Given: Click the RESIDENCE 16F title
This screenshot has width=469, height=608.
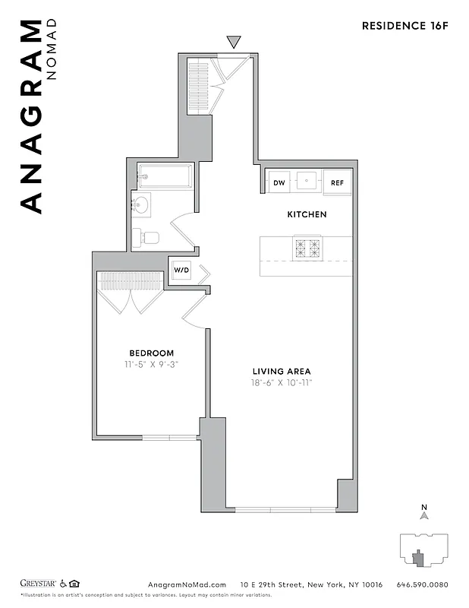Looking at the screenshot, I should click(x=404, y=25).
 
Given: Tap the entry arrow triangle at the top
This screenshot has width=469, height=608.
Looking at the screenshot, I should click(x=234, y=42).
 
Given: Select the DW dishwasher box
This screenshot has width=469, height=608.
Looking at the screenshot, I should click(x=279, y=182).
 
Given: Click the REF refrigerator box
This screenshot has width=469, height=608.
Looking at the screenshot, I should click(x=337, y=182).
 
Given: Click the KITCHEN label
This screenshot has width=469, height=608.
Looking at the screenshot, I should click(x=307, y=214).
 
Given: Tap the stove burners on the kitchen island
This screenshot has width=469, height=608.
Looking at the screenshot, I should click(x=308, y=248).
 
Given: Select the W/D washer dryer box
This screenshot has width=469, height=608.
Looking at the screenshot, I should click(x=181, y=270).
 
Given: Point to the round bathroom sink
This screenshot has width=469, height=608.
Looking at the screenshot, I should click(x=141, y=204).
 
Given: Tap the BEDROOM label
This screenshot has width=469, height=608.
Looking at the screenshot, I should click(x=151, y=353).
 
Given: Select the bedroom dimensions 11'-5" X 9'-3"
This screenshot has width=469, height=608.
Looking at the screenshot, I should click(x=151, y=364).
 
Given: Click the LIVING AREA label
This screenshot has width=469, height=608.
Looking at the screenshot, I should click(x=282, y=371).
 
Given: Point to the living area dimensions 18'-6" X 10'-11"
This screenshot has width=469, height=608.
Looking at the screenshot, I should click(x=282, y=382).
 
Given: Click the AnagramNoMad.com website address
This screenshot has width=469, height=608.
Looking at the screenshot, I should click(x=183, y=584).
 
